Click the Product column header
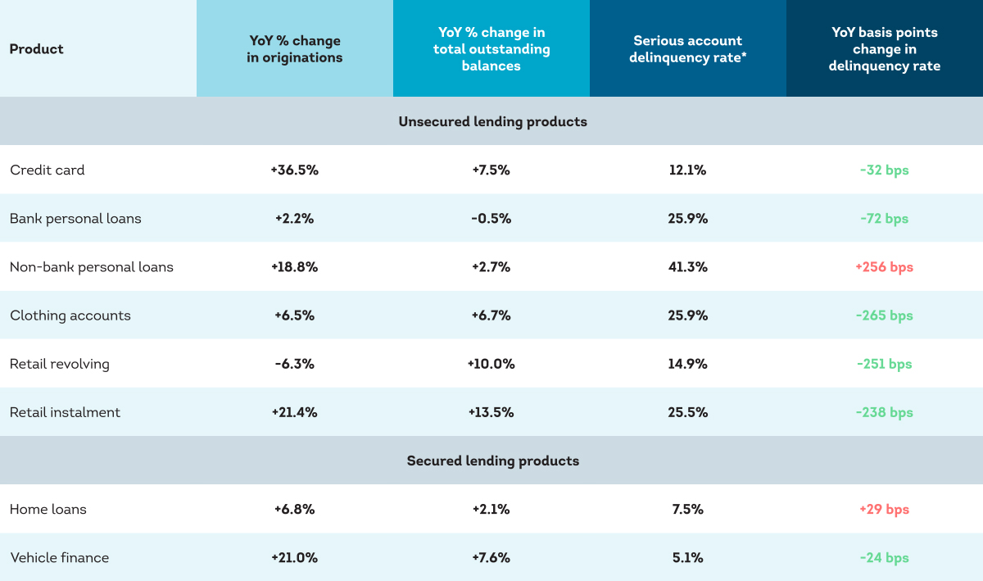[36, 48]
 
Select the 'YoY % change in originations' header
[294, 48]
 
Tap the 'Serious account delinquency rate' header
[687, 48]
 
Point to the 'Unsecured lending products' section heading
[492, 121]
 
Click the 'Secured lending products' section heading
[492, 461]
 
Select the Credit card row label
[47, 170]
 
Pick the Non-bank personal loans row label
[91, 267]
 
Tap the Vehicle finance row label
[59, 558]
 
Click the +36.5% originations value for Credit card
[294, 170]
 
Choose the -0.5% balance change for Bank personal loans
[491, 219]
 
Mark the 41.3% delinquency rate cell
[687, 267]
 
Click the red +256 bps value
[884, 267]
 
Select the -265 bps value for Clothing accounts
[884, 315]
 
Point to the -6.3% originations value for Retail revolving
[294, 364]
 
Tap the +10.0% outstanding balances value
[491, 364]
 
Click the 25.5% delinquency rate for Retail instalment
[687, 412]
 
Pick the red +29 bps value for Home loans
[884, 510]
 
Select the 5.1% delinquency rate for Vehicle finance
[687, 558]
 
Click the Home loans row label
[48, 510]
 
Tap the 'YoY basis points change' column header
[884, 48]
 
